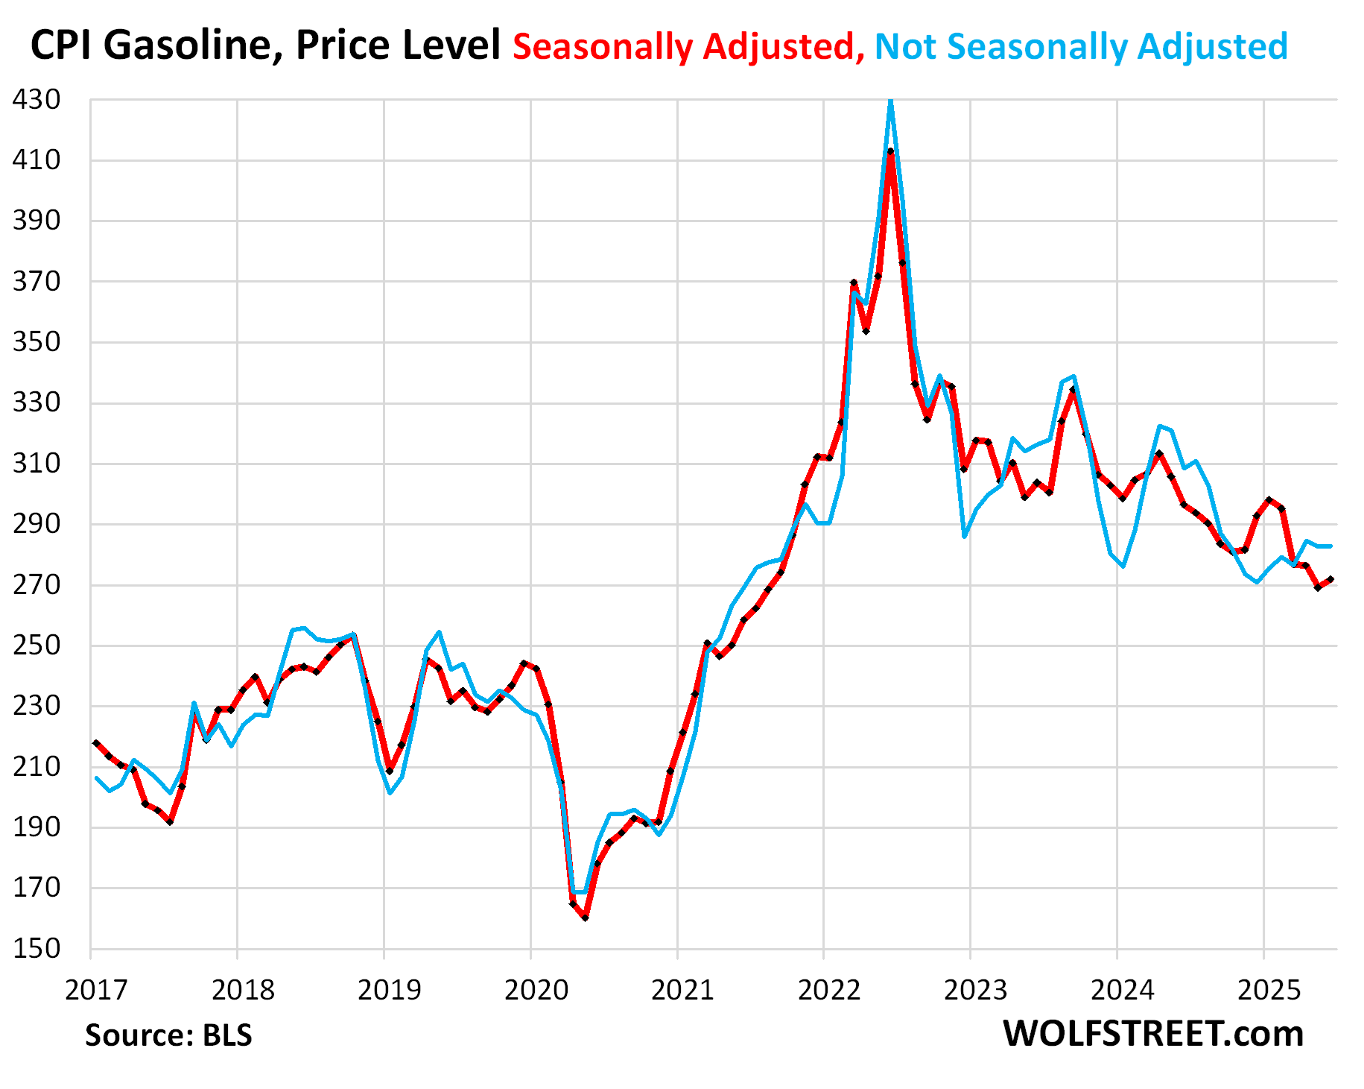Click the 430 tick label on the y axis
(36, 99)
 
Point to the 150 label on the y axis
(36, 949)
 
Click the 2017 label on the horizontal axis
(96, 990)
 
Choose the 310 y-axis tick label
(36, 464)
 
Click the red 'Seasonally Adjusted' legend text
(688, 46)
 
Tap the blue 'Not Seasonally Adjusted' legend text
(1081, 46)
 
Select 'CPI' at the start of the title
(60, 46)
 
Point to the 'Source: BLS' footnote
(168, 1035)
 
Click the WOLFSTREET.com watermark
(1152, 1034)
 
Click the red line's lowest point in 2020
(585, 918)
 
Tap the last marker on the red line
(1330, 579)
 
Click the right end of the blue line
(1330, 546)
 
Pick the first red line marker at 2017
(96, 743)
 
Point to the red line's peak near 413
(890, 151)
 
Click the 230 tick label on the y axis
(36, 706)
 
